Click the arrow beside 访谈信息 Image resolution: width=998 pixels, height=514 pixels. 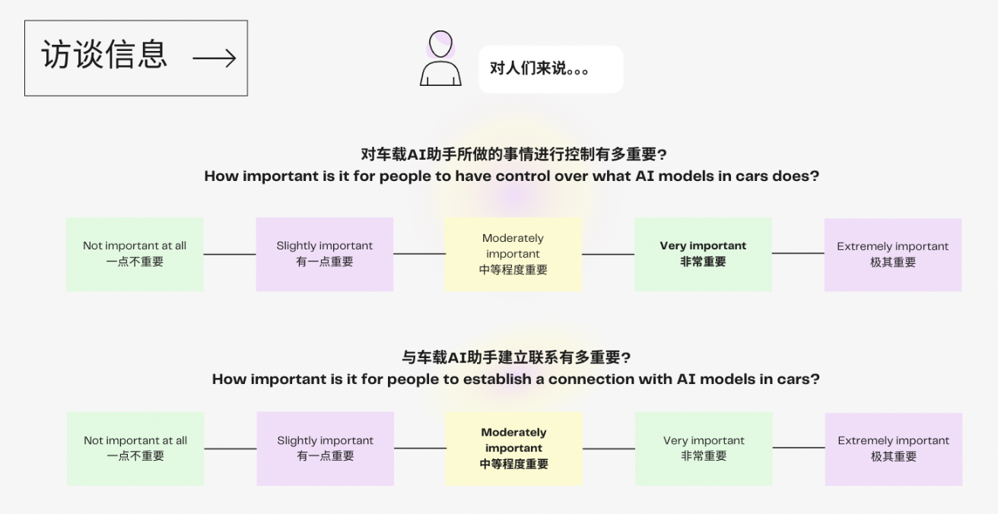click(x=215, y=58)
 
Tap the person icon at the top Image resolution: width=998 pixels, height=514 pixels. click(x=440, y=59)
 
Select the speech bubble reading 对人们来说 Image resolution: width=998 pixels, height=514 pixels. click(x=550, y=69)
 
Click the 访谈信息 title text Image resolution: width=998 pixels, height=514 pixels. click(x=104, y=55)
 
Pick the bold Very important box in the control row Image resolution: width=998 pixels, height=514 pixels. click(x=703, y=254)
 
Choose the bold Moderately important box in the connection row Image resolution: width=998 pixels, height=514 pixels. click(x=513, y=449)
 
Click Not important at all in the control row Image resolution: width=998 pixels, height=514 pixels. click(x=135, y=254)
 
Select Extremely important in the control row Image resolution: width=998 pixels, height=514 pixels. click(x=892, y=255)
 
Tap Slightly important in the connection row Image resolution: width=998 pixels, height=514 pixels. click(x=325, y=449)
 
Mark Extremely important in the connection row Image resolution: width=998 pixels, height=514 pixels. click(x=893, y=449)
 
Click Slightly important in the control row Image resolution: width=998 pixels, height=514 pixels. click(x=324, y=254)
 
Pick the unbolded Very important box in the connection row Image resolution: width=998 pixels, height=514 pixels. click(x=704, y=449)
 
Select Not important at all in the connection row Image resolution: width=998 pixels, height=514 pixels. click(x=135, y=449)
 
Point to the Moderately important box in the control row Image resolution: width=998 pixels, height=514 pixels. click(x=513, y=254)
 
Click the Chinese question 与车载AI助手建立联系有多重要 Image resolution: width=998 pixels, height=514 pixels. click(x=516, y=357)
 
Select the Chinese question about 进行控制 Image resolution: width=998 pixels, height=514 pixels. click(x=513, y=155)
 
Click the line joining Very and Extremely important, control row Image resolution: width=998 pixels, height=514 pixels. click(x=798, y=253)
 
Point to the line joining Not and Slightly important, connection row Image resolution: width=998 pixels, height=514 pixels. click(x=230, y=449)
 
